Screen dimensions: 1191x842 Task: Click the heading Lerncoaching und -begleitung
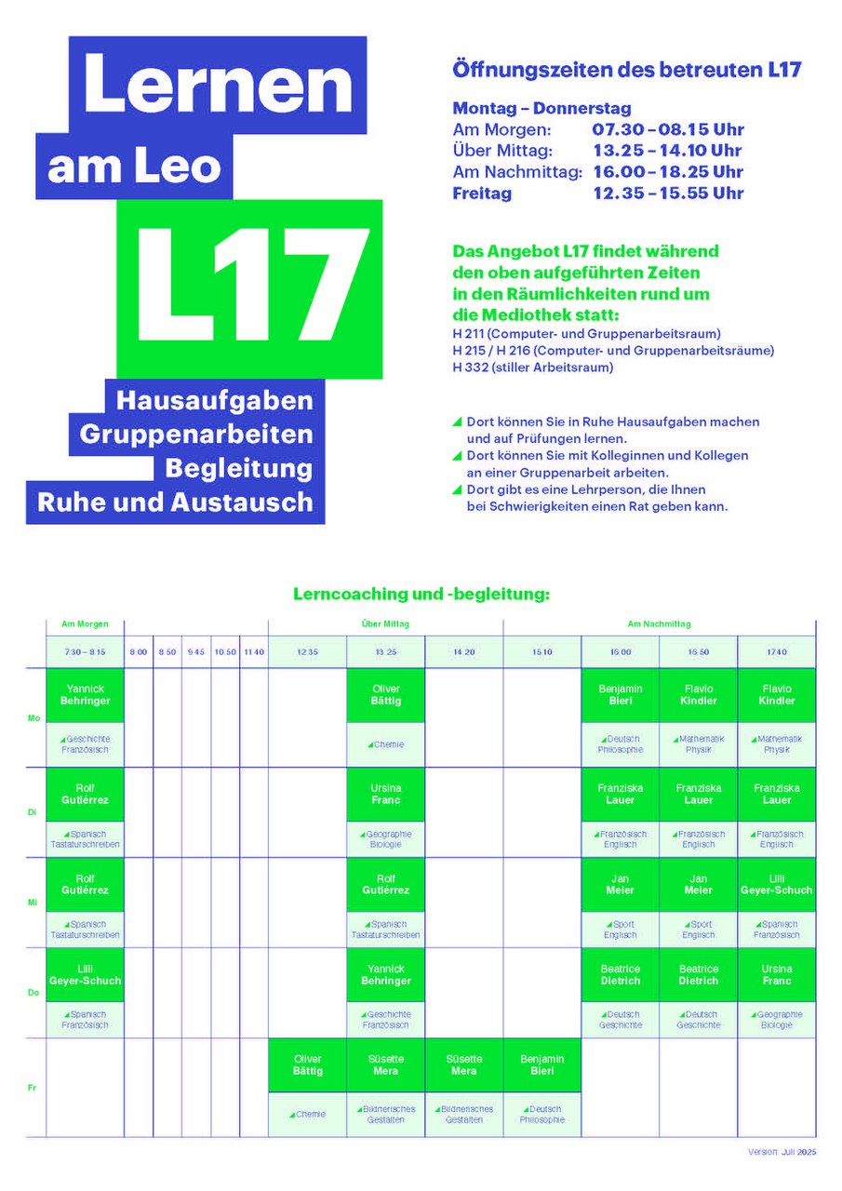(421, 592)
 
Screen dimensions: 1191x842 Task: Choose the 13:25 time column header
(385, 652)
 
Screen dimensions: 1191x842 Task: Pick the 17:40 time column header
(776, 652)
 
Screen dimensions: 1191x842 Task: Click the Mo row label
(34, 717)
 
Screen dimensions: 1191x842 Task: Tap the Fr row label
(34, 1087)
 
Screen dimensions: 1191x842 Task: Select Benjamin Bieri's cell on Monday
(621, 695)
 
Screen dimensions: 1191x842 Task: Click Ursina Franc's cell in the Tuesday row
(385, 794)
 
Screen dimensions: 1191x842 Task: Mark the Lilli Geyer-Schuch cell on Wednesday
(776, 884)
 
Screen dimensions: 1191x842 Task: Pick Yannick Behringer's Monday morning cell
(85, 695)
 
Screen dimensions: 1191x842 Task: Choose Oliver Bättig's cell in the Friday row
(307, 1065)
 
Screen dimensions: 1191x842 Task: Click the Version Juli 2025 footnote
(782, 1152)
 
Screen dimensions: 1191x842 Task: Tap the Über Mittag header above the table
(385, 624)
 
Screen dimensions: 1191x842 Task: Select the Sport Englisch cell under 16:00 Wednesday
(621, 930)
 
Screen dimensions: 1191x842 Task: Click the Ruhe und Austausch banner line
(175, 502)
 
